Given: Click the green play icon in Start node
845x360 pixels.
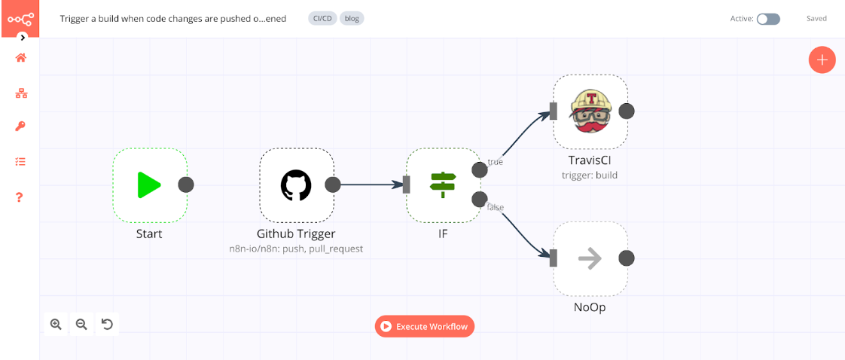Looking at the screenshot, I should (149, 185).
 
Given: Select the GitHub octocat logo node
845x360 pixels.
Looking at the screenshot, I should (296, 185).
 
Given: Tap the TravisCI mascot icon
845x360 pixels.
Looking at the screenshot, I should (590, 111).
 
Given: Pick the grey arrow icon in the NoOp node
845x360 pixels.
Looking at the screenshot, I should (590, 258).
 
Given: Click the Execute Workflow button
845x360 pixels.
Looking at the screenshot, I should (425, 326).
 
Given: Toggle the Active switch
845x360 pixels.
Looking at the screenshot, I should (768, 19).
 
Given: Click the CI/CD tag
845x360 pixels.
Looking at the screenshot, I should (322, 19).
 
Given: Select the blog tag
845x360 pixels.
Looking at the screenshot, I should (352, 19).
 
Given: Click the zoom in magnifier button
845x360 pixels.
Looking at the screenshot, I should (56, 325).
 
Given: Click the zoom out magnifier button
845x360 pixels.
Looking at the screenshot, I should (81, 325).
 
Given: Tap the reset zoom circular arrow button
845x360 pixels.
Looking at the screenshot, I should (107, 325).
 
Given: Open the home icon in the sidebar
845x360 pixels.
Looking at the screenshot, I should (20, 58).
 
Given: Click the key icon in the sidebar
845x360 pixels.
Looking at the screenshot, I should (20, 126).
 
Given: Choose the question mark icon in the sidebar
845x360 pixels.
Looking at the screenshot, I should (20, 197).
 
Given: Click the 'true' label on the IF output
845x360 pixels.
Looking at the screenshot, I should (496, 161).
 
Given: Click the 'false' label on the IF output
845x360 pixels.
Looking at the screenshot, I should (496, 207).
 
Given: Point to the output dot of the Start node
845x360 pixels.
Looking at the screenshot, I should (186, 185).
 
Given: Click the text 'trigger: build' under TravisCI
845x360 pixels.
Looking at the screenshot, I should (590, 175).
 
